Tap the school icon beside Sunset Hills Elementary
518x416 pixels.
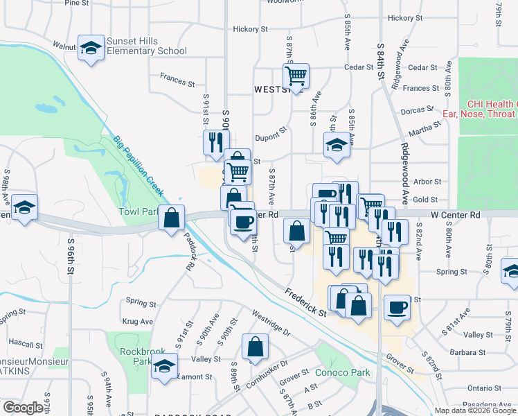(x=90, y=49)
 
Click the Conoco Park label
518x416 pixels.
(x=342, y=372)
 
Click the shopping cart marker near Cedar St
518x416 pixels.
(x=296, y=76)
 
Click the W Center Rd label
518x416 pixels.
(x=455, y=215)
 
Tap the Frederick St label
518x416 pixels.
(x=305, y=303)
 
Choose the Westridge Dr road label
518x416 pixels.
(x=271, y=322)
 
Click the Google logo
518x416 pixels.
(x=24, y=408)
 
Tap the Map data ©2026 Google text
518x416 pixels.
(x=474, y=410)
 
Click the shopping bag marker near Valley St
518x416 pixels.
(x=255, y=348)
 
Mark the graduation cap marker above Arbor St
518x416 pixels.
(x=337, y=146)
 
